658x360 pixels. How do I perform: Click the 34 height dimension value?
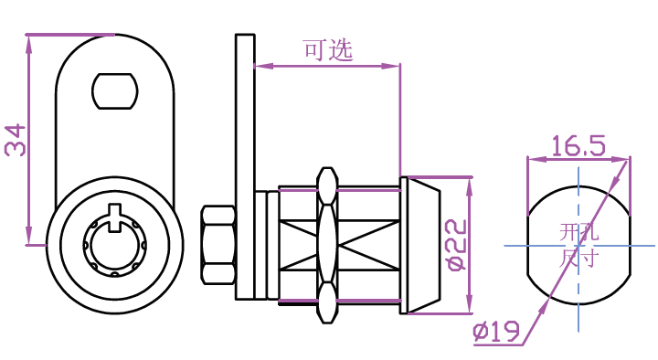[16, 140]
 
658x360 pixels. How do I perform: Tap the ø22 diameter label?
[457, 245]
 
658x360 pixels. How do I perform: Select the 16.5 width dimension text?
[578, 145]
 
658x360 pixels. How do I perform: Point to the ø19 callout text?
[496, 331]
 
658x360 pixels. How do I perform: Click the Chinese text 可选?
[328, 50]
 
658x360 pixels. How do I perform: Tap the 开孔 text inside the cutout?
[578, 232]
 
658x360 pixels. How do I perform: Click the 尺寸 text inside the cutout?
[578, 259]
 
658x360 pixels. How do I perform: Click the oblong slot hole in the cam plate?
[115, 91]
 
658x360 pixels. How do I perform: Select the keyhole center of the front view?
[114, 246]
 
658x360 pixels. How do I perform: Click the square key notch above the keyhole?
[114, 217]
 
